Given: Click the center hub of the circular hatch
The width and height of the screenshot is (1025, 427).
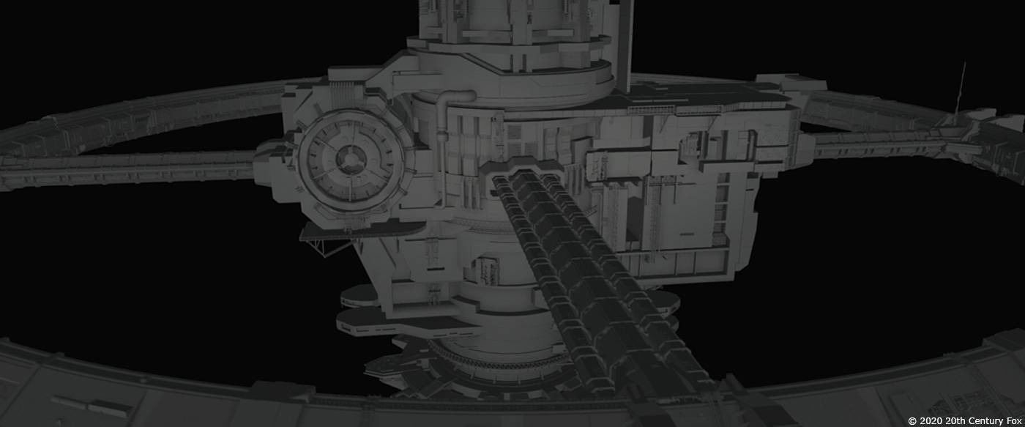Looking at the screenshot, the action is [351, 159].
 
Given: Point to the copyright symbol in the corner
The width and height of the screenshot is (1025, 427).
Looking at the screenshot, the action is [912, 420].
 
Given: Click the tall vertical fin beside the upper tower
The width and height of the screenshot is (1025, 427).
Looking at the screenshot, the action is [624, 45].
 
